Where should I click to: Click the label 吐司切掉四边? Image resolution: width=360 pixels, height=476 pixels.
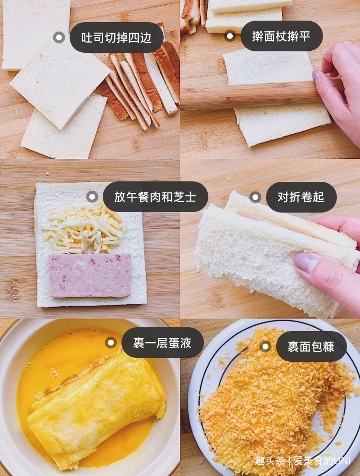tap(116, 37)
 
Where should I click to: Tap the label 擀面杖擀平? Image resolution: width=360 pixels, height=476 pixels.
tap(281, 36)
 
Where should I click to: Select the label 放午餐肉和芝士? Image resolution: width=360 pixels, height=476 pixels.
tap(155, 197)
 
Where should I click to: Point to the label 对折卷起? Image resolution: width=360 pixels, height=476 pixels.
tap(301, 197)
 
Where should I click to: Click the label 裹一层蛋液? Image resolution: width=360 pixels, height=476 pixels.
tap(162, 343)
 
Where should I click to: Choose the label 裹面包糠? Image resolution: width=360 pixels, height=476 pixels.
tap(311, 346)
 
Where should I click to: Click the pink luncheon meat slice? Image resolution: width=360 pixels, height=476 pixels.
tap(90, 275)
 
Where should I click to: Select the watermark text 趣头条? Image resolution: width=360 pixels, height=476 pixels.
tap(269, 461)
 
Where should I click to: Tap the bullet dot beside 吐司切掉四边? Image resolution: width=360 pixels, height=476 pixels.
tap(59, 37)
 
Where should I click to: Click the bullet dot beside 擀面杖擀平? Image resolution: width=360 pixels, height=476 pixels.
tap(230, 36)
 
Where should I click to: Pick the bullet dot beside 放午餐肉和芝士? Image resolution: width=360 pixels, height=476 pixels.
tap(92, 197)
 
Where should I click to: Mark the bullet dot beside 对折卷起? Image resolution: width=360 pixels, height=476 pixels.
tap(255, 197)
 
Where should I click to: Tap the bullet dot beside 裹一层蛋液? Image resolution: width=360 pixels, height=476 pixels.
tap(111, 343)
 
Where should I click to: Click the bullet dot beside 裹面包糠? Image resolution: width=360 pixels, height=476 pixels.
tap(265, 346)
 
